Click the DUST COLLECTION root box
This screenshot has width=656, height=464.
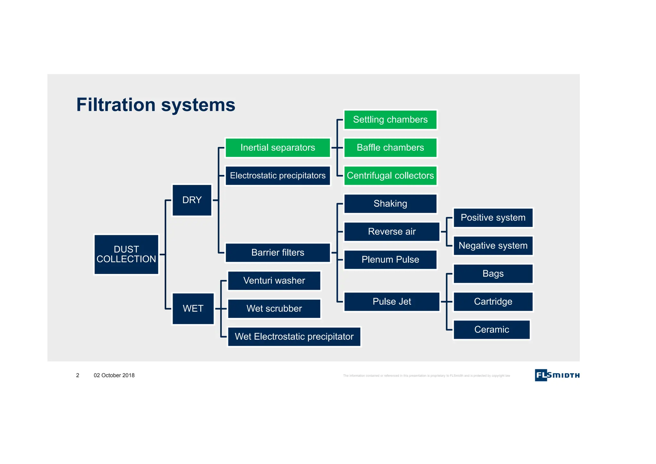tap(126, 254)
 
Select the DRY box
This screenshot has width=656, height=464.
tap(192, 200)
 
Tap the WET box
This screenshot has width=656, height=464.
tap(193, 309)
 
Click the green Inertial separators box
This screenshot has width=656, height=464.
tap(278, 148)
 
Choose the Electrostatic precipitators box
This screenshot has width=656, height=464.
tap(278, 176)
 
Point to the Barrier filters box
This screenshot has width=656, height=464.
tap(278, 253)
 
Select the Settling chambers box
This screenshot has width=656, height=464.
tap(390, 120)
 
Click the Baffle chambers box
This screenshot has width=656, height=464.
tap(390, 148)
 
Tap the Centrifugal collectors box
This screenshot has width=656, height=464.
tap(390, 176)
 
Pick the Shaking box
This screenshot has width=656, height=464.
tap(390, 203)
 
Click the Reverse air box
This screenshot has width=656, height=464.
tap(392, 231)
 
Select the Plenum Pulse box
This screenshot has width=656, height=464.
tap(390, 260)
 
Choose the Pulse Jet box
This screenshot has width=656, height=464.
tap(392, 302)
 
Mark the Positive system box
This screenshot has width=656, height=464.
tap(493, 218)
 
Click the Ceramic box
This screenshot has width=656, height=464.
tap(491, 329)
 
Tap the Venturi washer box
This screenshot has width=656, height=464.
tap(274, 281)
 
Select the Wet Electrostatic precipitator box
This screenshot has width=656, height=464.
tap(294, 336)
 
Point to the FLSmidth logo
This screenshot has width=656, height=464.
tap(557, 375)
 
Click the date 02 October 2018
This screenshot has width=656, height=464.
tap(114, 375)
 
